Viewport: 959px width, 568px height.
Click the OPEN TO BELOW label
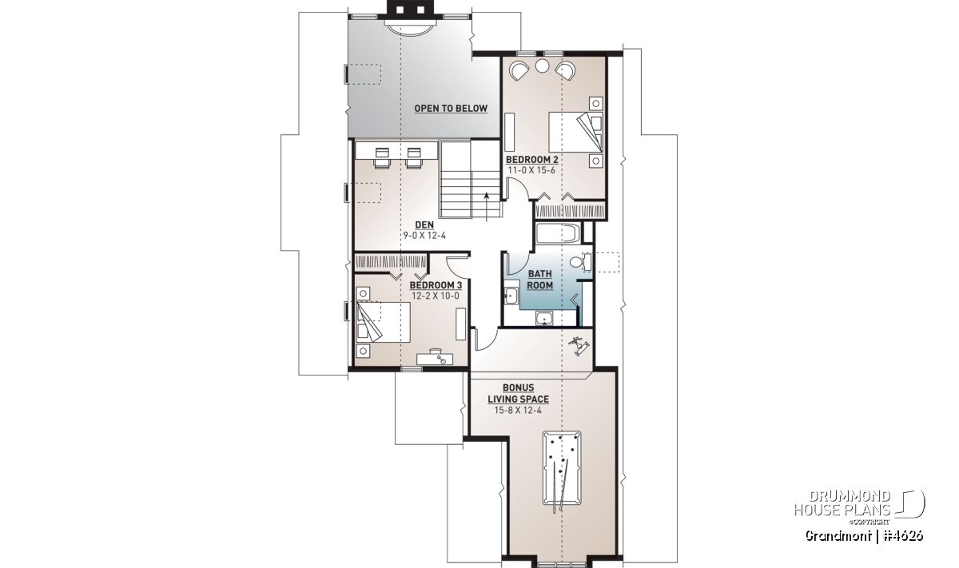[451, 109]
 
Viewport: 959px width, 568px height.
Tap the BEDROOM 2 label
[531, 160]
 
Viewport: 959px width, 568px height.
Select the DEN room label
[424, 224]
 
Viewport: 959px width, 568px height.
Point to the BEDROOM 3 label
[436, 285]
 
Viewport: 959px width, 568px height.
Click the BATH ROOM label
[540, 280]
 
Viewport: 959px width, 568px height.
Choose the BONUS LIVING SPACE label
[519, 393]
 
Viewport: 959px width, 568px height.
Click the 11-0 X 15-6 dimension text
[531, 170]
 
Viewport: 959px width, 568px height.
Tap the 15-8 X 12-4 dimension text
[518, 411]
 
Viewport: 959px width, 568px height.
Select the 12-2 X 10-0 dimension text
[436, 296]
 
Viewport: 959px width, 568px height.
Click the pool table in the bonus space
[562, 468]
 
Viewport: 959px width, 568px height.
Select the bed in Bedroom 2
[575, 132]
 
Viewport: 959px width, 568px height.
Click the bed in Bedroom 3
[383, 322]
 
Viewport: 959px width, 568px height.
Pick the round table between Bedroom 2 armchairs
[543, 66]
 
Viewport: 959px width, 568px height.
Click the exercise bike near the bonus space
[579, 345]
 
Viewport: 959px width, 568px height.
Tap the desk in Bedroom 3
[436, 358]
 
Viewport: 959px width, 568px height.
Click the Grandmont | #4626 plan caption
[865, 536]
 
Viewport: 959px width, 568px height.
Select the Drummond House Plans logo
[859, 506]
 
